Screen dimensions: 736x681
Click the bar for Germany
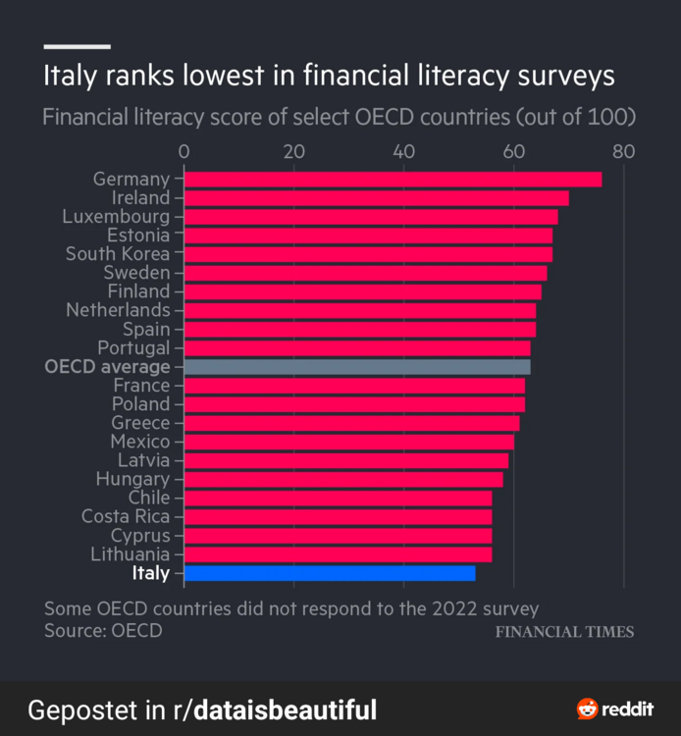tap(393, 179)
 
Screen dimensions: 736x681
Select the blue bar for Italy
tap(330, 573)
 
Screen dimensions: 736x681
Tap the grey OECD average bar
tap(357, 367)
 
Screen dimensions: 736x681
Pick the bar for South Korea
tap(368, 254)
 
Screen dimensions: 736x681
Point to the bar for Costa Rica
tap(338, 516)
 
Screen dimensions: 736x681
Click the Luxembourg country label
tap(116, 216)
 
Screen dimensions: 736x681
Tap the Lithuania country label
tap(130, 554)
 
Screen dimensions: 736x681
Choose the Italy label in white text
tap(150, 573)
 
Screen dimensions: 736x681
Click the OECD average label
tap(107, 367)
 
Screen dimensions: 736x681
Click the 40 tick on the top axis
tap(403, 151)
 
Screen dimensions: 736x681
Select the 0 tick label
tap(183, 151)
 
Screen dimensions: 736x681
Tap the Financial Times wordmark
tap(564, 631)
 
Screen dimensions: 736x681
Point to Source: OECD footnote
tap(103, 630)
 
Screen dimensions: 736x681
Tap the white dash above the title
tap(77, 46)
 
